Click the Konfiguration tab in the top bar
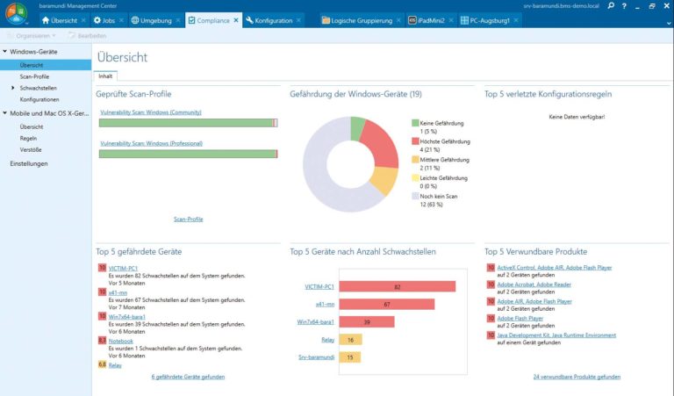coord(273,19)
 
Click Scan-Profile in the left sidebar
coord(34,76)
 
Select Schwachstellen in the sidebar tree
coord(39,88)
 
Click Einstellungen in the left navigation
coord(29,163)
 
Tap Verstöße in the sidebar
coord(32,149)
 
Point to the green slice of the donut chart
coord(357,128)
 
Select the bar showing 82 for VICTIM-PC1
coord(397,286)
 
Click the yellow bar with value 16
coord(349,339)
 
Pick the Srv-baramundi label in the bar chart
coord(316,356)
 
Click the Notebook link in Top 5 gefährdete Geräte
coord(121,341)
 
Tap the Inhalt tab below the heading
coord(105,76)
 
